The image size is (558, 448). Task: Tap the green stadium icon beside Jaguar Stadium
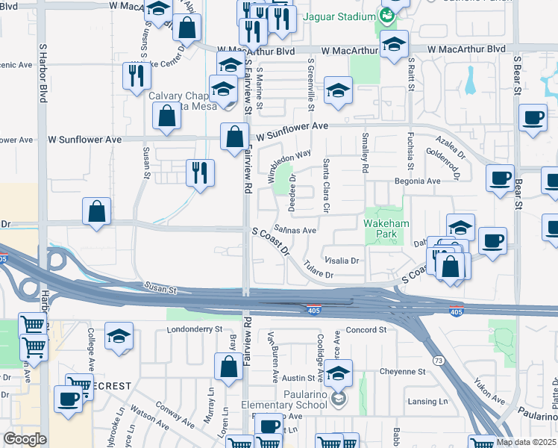tap(386, 16)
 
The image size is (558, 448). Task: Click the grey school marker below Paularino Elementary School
tap(339, 399)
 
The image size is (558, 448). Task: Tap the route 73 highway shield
tap(438, 361)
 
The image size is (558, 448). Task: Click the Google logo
tap(25, 439)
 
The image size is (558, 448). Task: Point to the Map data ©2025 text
tap(526, 442)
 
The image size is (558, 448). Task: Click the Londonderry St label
tap(195, 329)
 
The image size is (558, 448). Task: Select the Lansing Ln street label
tap(427, 402)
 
